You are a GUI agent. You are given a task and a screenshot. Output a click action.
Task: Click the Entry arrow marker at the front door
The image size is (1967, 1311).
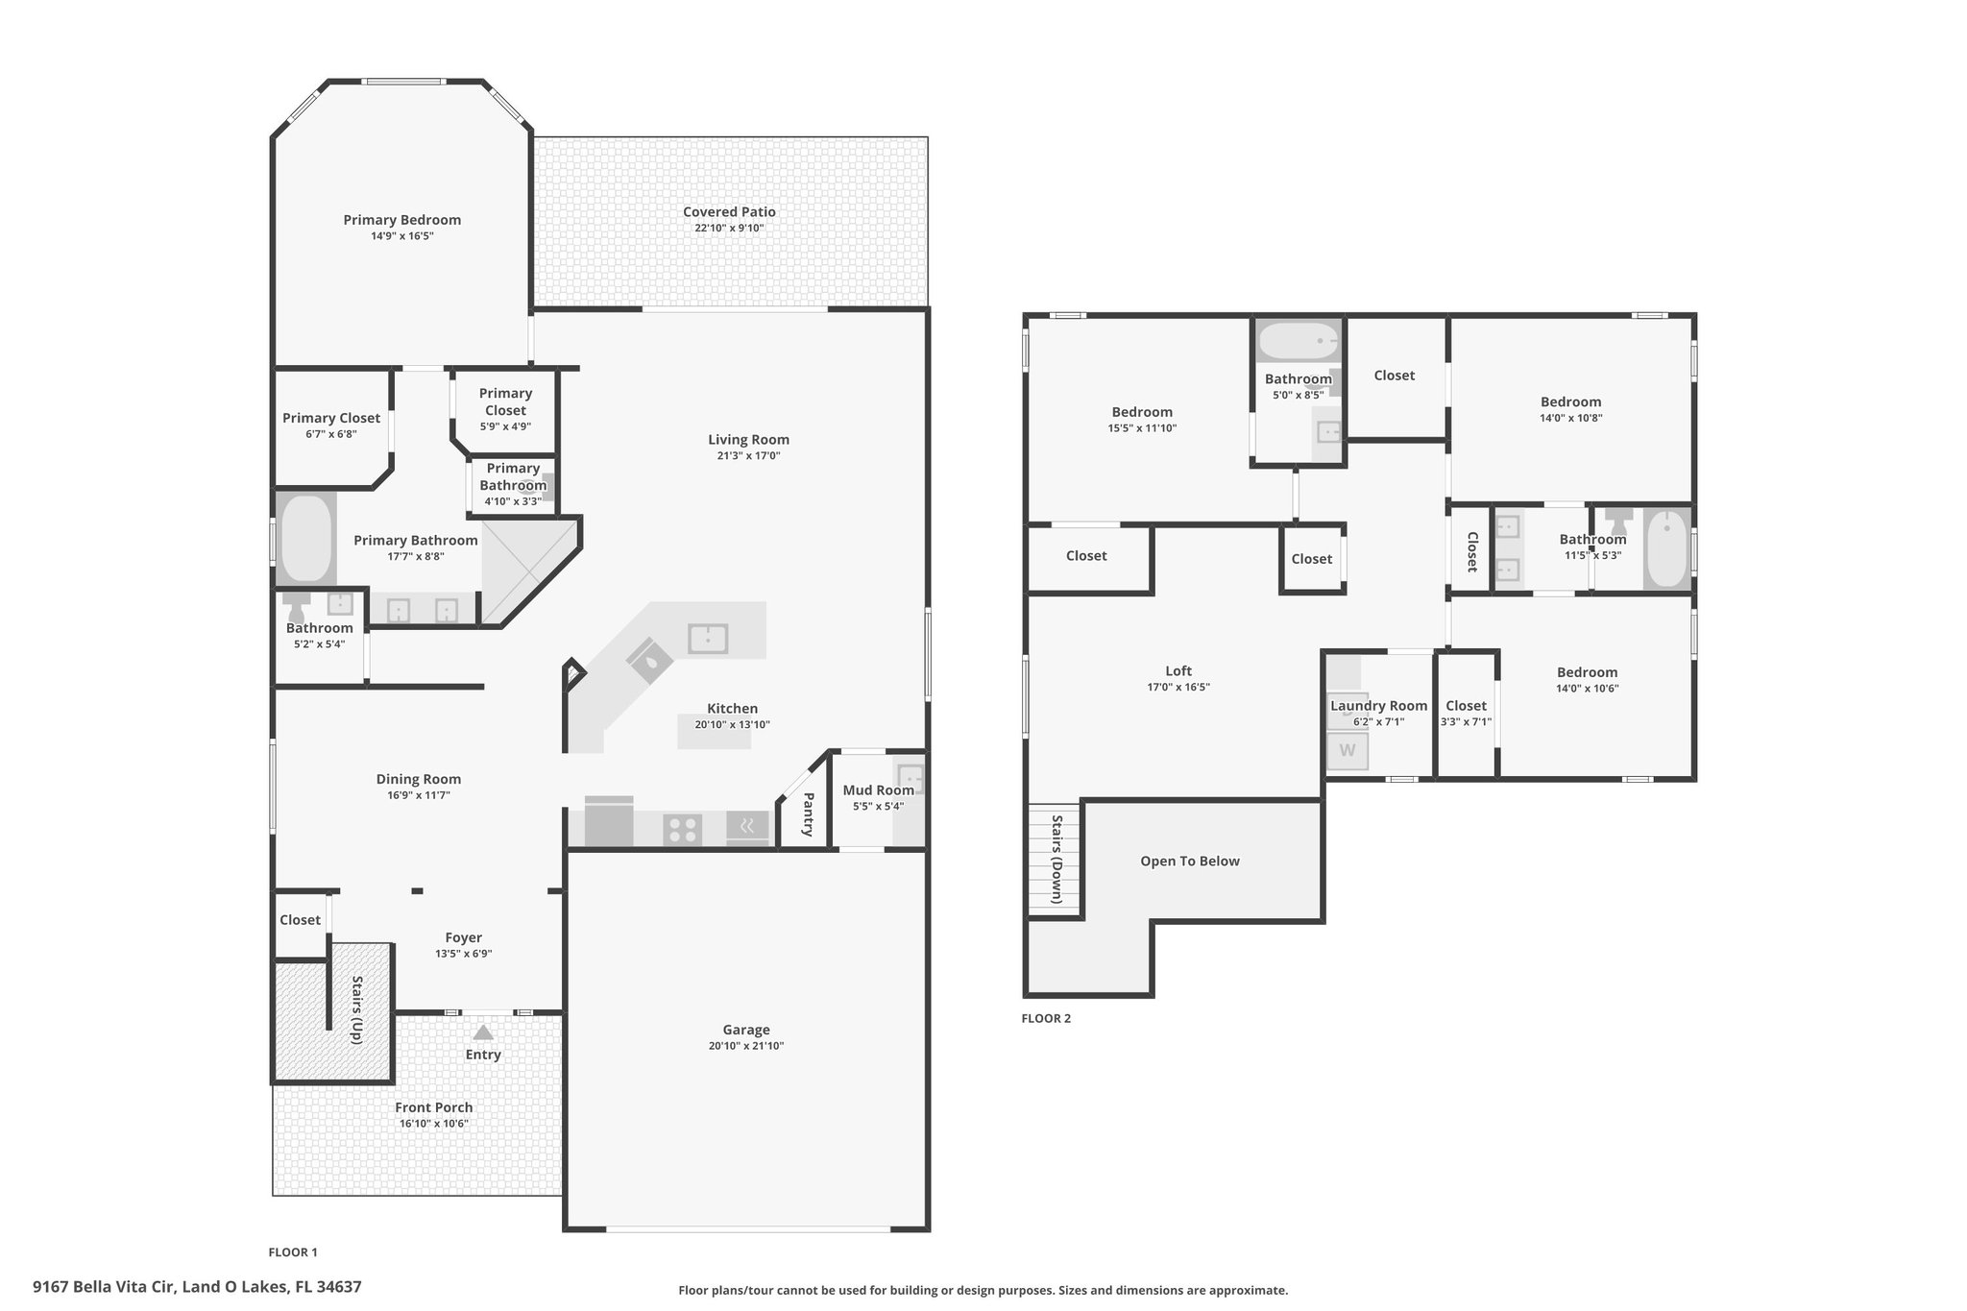click(483, 1032)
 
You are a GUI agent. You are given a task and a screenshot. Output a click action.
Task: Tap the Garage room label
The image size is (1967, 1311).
click(746, 1030)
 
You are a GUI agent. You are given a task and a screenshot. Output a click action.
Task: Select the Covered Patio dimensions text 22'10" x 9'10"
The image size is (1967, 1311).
click(730, 228)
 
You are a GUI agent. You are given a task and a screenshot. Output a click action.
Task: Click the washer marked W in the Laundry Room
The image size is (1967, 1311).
click(1348, 750)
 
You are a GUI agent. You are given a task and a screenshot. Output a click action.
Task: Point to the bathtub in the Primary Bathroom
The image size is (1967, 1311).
click(306, 538)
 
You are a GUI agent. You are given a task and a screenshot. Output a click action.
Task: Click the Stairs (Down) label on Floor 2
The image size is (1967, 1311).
click(1056, 860)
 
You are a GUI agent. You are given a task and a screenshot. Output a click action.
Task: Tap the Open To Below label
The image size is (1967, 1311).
click(1190, 861)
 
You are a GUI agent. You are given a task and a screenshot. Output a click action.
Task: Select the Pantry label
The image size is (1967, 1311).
click(809, 814)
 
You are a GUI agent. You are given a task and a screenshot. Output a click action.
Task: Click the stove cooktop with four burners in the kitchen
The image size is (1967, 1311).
click(682, 829)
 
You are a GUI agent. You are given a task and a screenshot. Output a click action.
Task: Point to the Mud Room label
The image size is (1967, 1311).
click(879, 790)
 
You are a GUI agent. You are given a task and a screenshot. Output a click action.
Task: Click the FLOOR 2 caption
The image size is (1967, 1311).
click(1046, 1018)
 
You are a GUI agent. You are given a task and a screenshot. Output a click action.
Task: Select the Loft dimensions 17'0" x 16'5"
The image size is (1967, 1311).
click(1178, 687)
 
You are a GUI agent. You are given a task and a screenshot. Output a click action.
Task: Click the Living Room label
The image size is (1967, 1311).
click(749, 440)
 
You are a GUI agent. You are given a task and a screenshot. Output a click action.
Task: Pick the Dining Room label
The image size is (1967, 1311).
click(419, 779)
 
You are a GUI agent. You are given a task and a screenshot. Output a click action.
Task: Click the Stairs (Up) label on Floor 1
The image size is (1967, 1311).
click(357, 1009)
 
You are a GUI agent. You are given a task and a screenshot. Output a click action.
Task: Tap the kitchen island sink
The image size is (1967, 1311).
click(708, 638)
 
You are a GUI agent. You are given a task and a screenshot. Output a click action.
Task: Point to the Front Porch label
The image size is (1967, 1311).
click(434, 1107)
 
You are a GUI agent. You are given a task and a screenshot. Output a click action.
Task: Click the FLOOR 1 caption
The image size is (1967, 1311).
click(293, 1251)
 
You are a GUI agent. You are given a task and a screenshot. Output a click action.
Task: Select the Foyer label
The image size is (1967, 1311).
click(464, 937)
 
